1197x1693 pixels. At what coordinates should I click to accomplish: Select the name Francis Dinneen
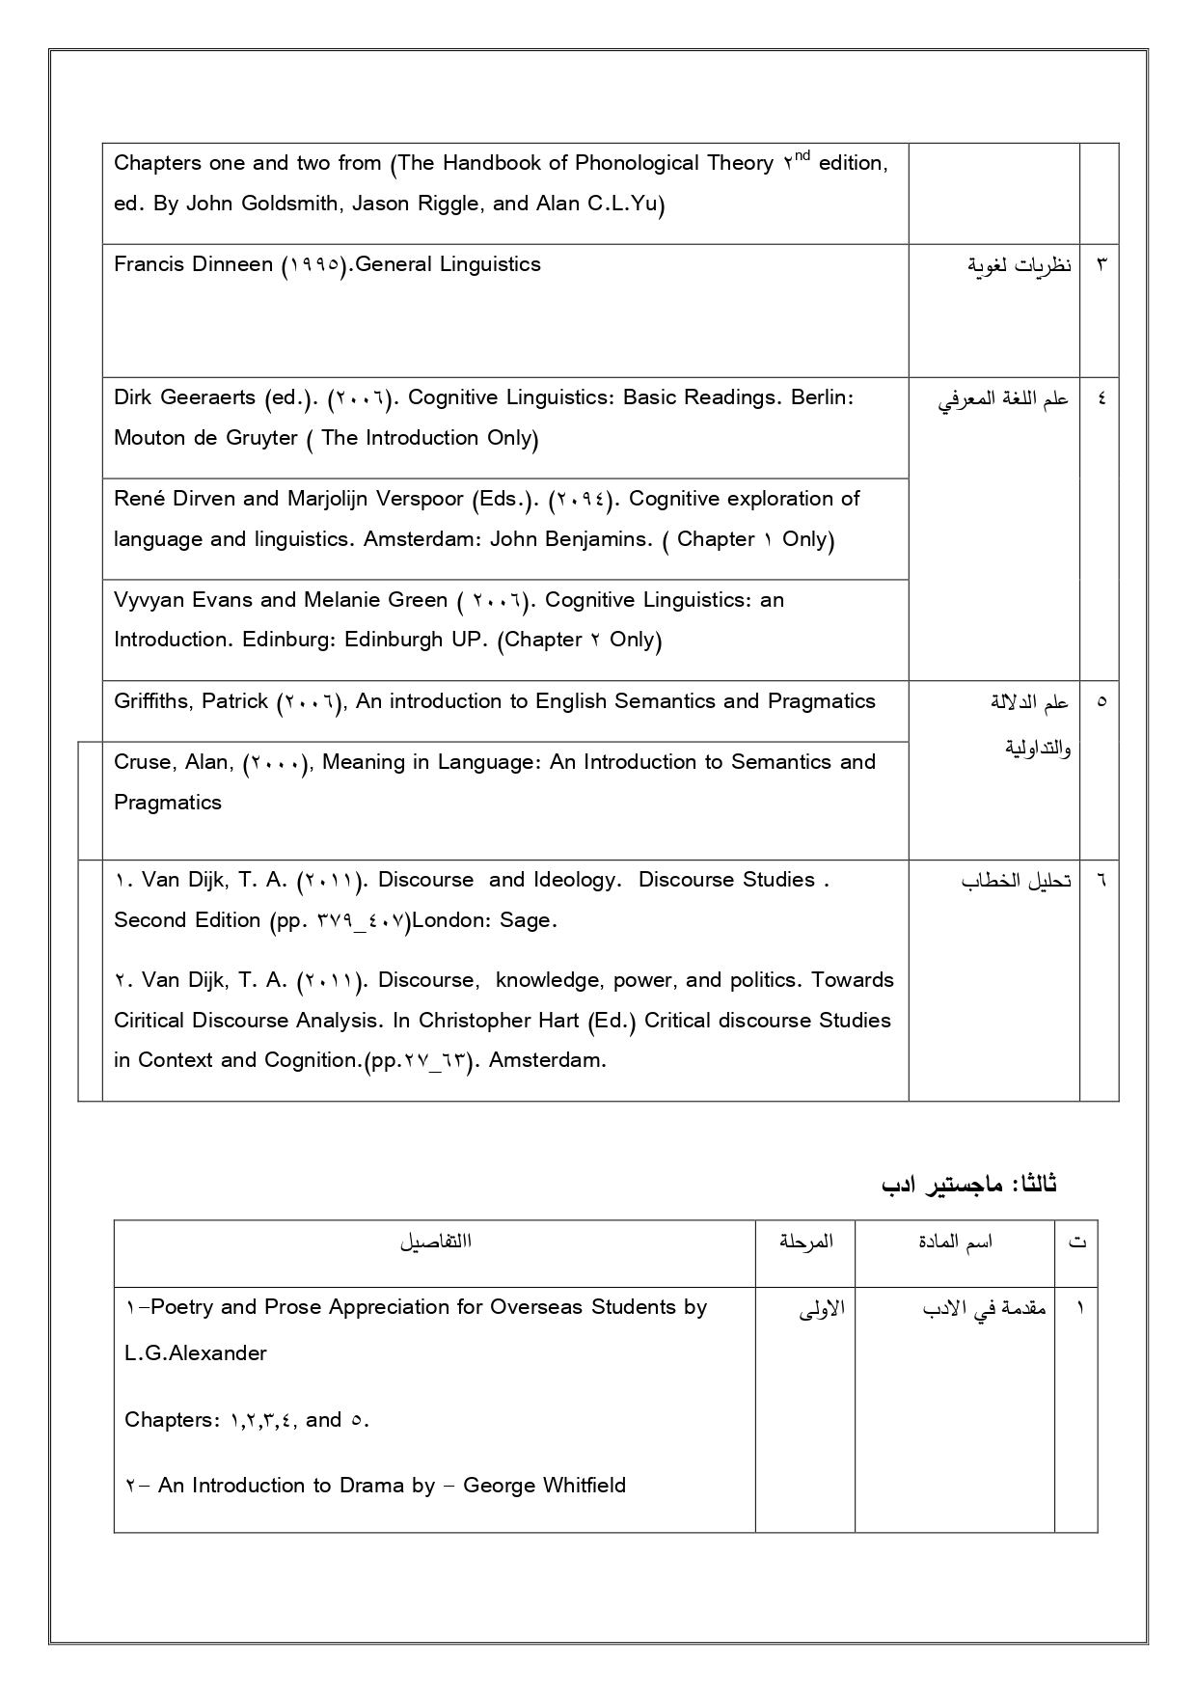[x=193, y=264]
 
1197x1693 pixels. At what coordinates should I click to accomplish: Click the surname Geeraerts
[x=209, y=397]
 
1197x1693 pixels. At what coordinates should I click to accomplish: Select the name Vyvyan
[x=149, y=600]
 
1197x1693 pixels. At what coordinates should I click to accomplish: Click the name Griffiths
[x=154, y=701]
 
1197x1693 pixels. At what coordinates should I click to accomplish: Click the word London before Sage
[x=450, y=920]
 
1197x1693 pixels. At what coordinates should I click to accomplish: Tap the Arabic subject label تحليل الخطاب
[x=1016, y=882]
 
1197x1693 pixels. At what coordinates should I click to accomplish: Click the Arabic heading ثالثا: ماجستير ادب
[x=969, y=1184]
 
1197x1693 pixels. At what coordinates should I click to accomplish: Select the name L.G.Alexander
[x=196, y=1353]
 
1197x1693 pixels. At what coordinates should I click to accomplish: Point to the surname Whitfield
[x=579, y=1486]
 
